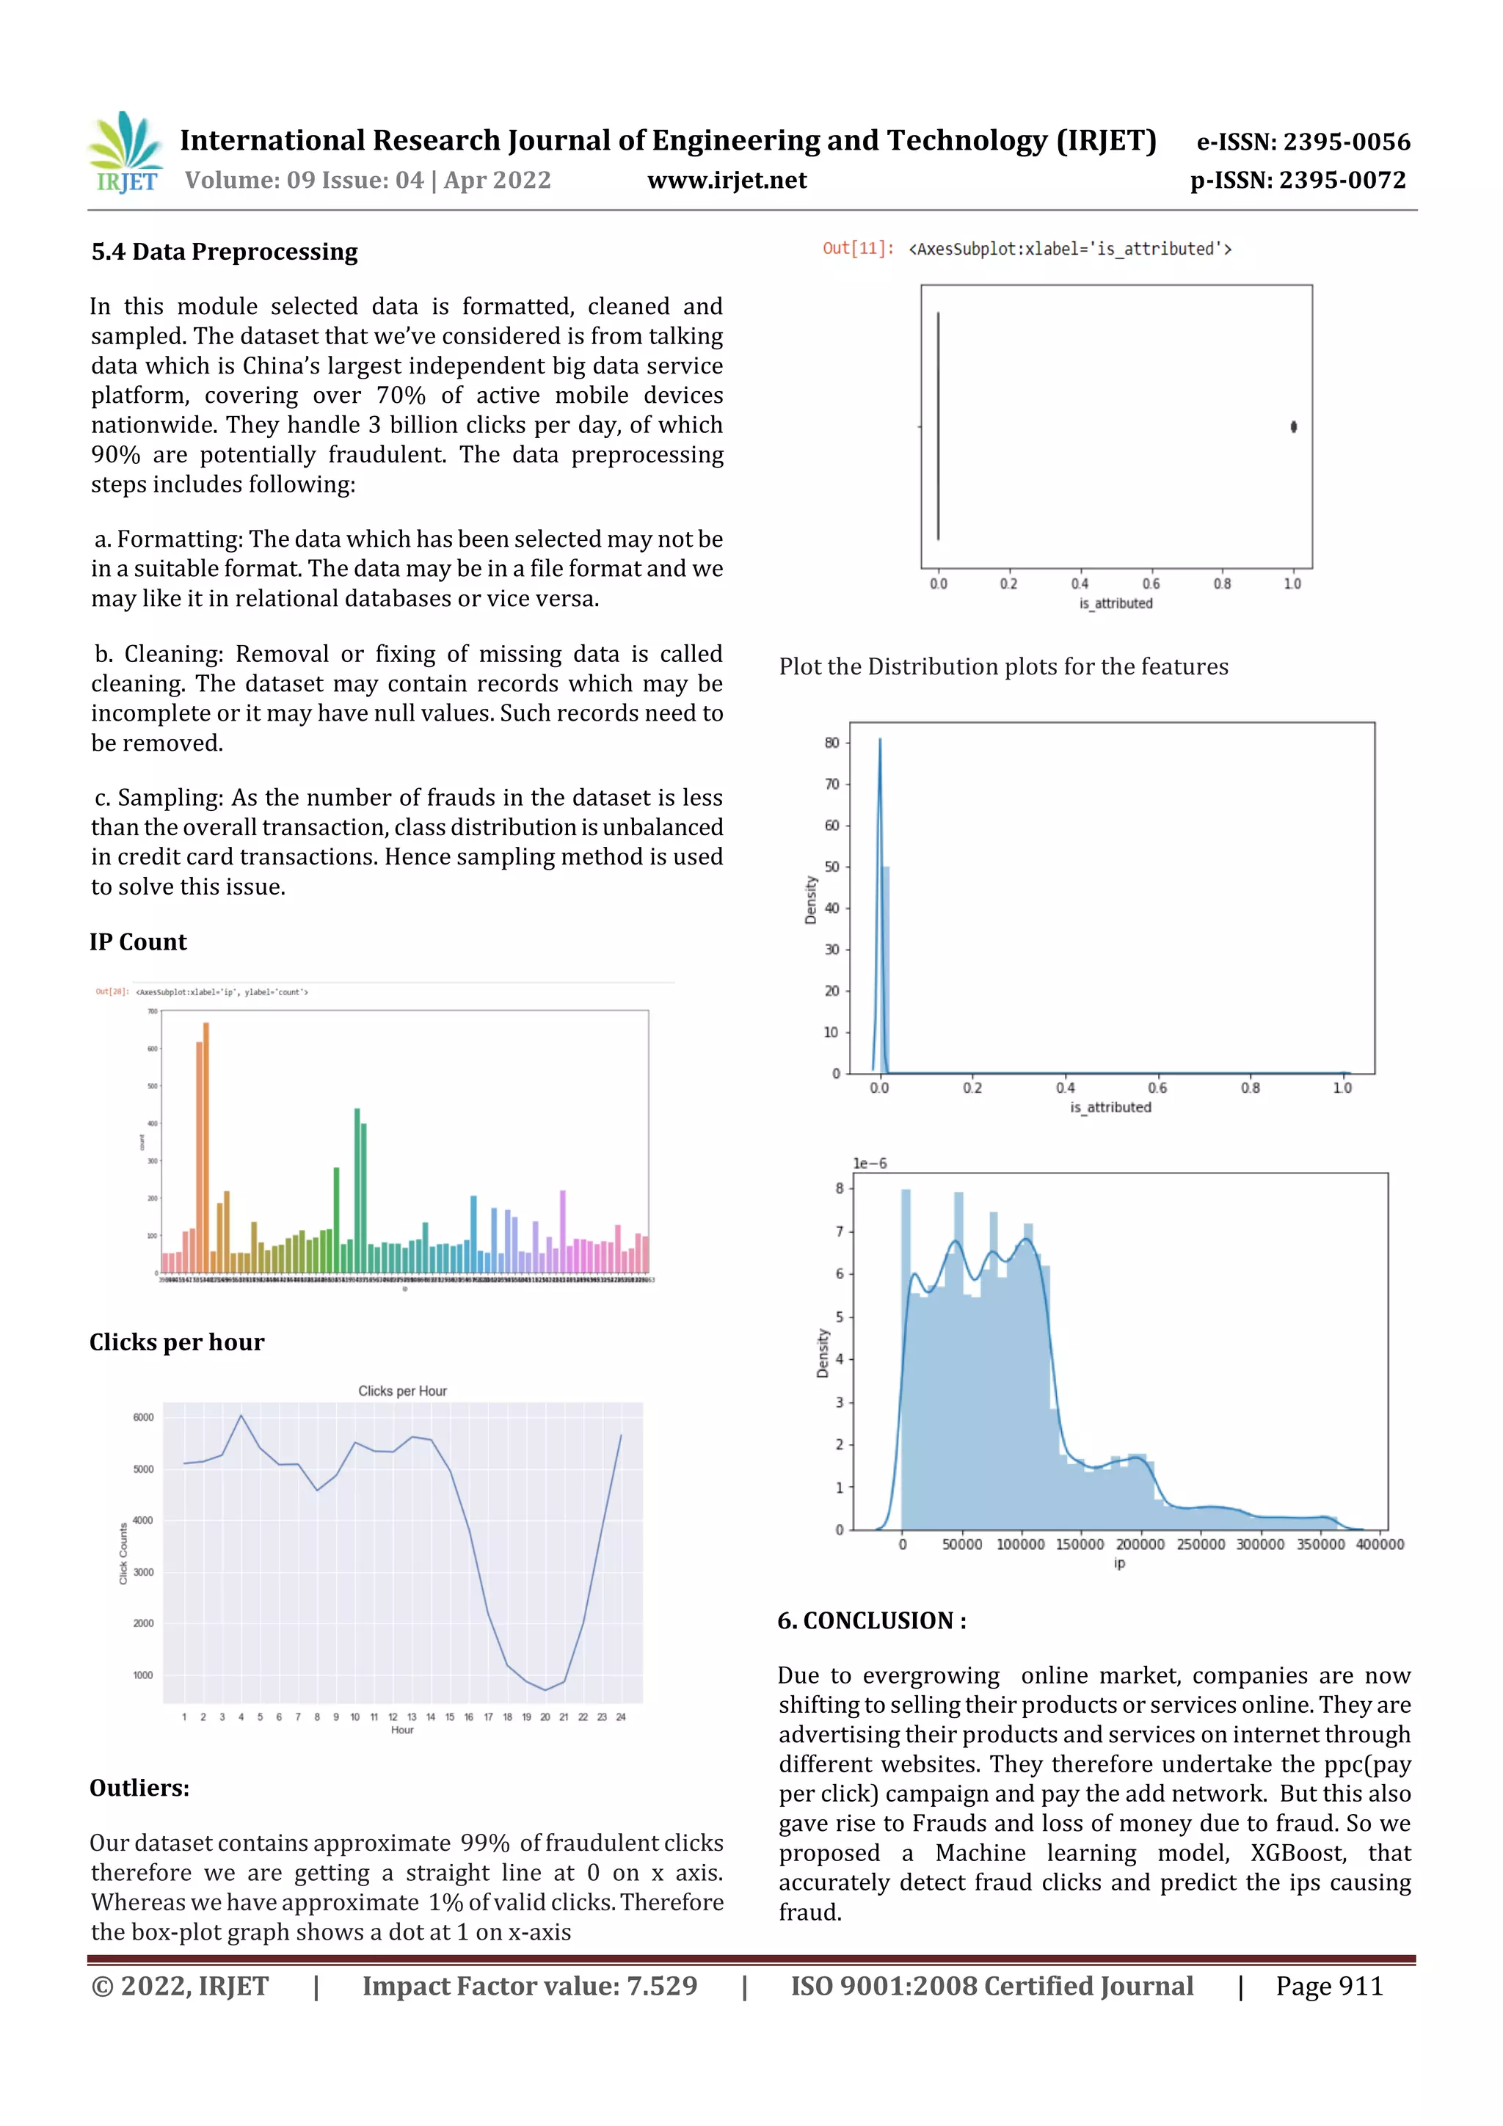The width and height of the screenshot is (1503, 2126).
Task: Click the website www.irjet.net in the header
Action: (x=727, y=180)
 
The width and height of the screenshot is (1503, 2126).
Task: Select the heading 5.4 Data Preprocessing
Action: (x=224, y=252)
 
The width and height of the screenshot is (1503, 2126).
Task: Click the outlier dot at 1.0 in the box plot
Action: (x=1293, y=427)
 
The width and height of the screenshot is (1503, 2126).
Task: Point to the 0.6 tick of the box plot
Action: (x=1150, y=583)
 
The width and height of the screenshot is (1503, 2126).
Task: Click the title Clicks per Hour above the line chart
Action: (x=402, y=1391)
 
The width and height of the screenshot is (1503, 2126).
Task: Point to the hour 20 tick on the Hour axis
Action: (x=545, y=1717)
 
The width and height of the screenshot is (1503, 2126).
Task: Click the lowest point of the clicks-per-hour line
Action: (x=545, y=1690)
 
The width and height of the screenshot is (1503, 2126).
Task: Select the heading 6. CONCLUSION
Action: (x=871, y=1620)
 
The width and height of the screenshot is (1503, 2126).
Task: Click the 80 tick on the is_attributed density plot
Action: (x=831, y=743)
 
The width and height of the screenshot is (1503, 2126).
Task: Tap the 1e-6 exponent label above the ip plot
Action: (x=870, y=1163)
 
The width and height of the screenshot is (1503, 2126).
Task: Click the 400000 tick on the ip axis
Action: (x=1379, y=1545)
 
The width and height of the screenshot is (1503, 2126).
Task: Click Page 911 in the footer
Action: (x=1329, y=1985)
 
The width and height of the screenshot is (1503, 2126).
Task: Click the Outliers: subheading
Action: (x=139, y=1788)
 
